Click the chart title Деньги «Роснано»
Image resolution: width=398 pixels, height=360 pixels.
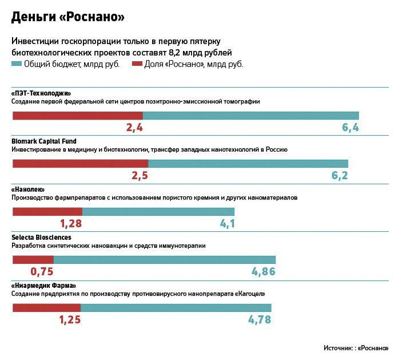coord(68,17)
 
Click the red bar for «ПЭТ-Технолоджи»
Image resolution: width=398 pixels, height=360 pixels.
coord(77,116)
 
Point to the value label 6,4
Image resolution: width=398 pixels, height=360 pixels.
coord(350,128)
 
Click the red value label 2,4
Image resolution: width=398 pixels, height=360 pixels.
coord(134,128)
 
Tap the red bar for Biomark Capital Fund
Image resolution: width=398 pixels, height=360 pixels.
coord(80,164)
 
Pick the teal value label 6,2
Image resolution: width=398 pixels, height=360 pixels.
coord(340,176)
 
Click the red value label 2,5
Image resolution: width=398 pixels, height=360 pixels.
coord(140,176)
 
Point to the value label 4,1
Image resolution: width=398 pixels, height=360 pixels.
coord(227,224)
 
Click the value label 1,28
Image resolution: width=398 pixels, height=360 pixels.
coord(71,224)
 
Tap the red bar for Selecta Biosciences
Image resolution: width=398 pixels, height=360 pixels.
coord(33,260)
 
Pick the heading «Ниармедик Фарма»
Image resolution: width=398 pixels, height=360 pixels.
coord(43,285)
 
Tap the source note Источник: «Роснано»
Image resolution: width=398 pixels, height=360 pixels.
coord(355,348)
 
